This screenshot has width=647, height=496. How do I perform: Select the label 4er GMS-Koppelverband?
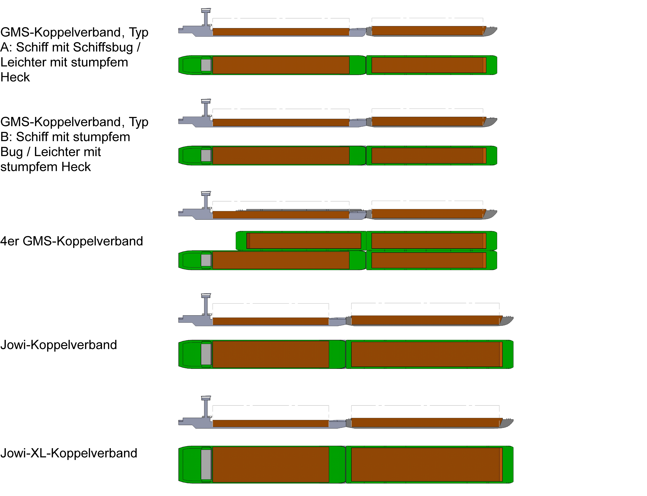tap(71, 241)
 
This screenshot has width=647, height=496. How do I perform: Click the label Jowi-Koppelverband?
tap(58, 345)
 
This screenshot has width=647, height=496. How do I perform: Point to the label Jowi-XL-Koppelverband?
tap(68, 453)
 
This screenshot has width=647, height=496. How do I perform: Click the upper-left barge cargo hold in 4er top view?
tap(304, 241)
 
